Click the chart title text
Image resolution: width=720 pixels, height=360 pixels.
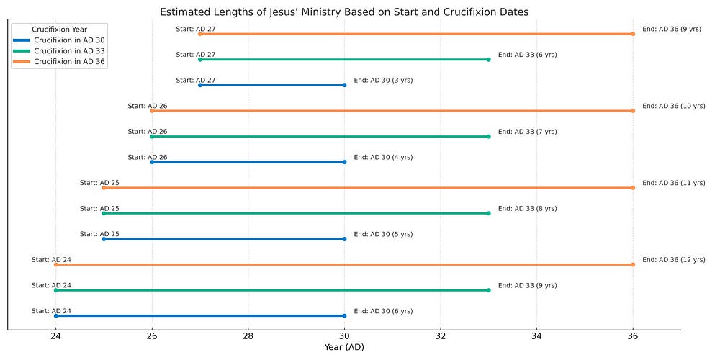[344, 12]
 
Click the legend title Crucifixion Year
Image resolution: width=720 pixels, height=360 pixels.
[59, 30]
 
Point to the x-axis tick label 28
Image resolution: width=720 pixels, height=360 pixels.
[248, 336]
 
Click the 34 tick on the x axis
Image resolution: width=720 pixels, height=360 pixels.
[536, 336]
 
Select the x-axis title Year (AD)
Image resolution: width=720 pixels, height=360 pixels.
[344, 348]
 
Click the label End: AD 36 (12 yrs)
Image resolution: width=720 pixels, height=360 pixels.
[674, 260]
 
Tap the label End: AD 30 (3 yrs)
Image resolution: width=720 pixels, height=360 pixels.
[383, 81]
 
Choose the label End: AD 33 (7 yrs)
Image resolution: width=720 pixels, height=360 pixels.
[527, 132]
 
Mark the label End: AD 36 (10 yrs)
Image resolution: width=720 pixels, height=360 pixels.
[674, 106]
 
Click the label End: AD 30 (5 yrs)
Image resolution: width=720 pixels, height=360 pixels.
[383, 234]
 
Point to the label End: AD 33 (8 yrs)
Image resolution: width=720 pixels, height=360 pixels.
[527, 209]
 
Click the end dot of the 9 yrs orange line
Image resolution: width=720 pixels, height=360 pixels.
[633, 34]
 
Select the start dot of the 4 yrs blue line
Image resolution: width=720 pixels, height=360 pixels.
[152, 162]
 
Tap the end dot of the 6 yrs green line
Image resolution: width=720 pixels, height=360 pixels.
[488, 60]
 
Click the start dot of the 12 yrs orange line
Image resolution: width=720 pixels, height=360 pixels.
[56, 264]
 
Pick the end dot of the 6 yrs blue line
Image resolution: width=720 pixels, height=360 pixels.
[344, 316]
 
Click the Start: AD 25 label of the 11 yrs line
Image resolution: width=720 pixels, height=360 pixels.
[99, 183]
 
